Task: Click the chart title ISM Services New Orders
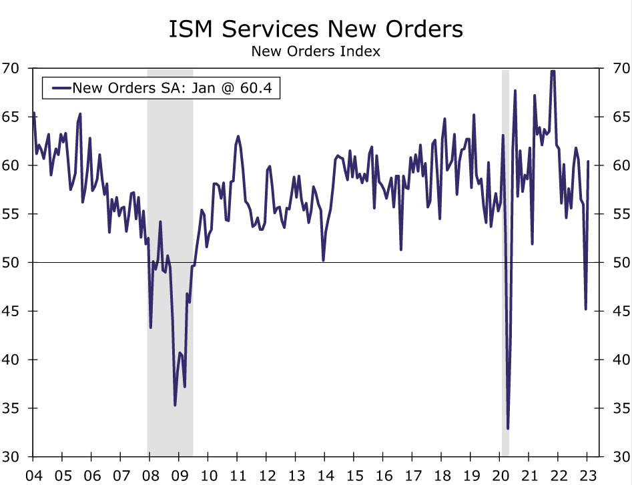316,29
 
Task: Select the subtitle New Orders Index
316,51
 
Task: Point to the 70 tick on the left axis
13,68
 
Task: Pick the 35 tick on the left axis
13,408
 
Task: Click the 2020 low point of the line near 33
508,428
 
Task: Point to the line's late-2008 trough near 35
175,405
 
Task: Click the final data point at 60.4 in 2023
588,161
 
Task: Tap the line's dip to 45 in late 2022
585,309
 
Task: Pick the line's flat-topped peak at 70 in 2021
553,71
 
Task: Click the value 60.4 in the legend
258,87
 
